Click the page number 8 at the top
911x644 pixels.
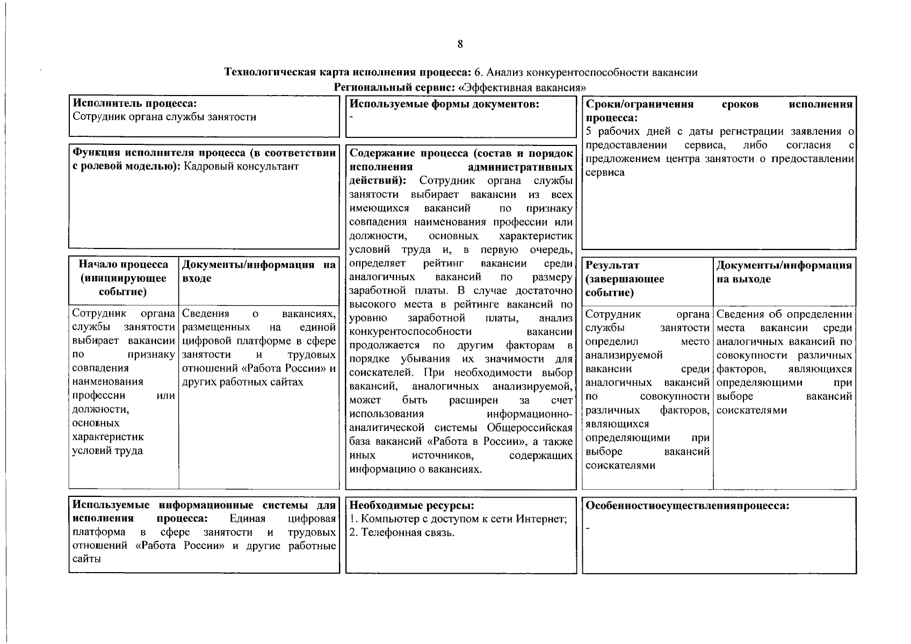tap(460, 45)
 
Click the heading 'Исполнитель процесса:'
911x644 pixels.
tap(135, 103)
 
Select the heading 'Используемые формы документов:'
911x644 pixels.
tap(444, 104)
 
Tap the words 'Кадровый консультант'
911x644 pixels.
tap(241, 166)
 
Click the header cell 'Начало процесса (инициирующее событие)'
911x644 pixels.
tap(123, 278)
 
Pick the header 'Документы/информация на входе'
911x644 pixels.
tap(258, 271)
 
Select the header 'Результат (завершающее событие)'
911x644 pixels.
tap(625, 279)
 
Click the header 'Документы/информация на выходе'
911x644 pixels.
tap(784, 272)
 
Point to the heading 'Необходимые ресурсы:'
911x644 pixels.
tap(412, 506)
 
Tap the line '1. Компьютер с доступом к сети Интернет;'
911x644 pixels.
tap(458, 519)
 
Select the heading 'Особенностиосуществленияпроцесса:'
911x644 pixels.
tap(687, 506)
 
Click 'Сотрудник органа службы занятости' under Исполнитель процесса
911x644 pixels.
tap(164, 117)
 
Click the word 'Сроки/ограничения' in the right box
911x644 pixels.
tap(639, 104)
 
